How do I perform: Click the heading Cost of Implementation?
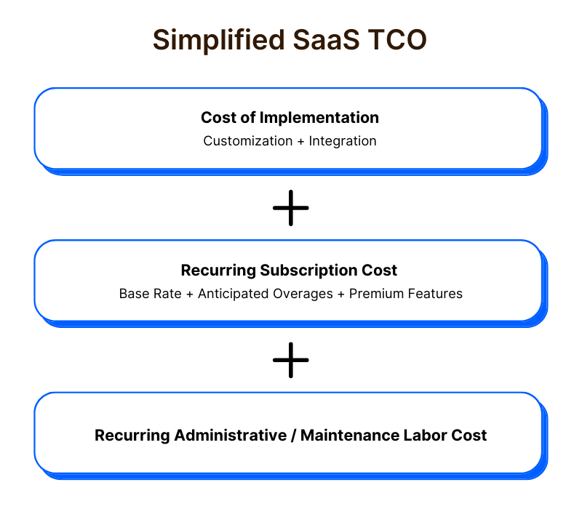pos(290,117)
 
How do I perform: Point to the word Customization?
pos(247,140)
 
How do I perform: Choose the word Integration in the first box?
pos(343,140)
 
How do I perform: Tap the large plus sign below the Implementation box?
pos(291,207)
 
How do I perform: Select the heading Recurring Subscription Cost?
pos(289,270)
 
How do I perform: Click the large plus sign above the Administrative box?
pos(291,360)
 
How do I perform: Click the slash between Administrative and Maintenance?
pos(292,436)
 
